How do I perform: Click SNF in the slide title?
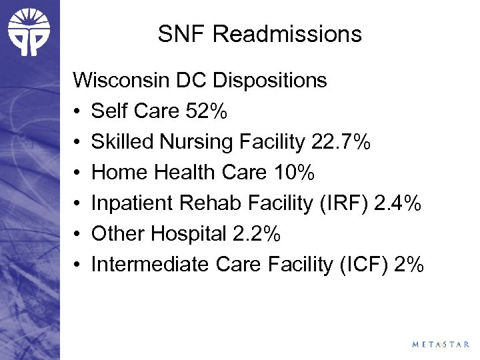pyautogui.click(x=179, y=34)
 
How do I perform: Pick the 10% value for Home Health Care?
pyautogui.click(x=293, y=173)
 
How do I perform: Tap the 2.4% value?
pyautogui.click(x=398, y=203)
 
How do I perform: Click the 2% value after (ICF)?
pyautogui.click(x=409, y=265)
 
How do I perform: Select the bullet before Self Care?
pyautogui.click(x=78, y=112)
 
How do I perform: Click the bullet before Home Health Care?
pyautogui.click(x=78, y=173)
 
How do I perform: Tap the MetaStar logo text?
pyautogui.click(x=440, y=345)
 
